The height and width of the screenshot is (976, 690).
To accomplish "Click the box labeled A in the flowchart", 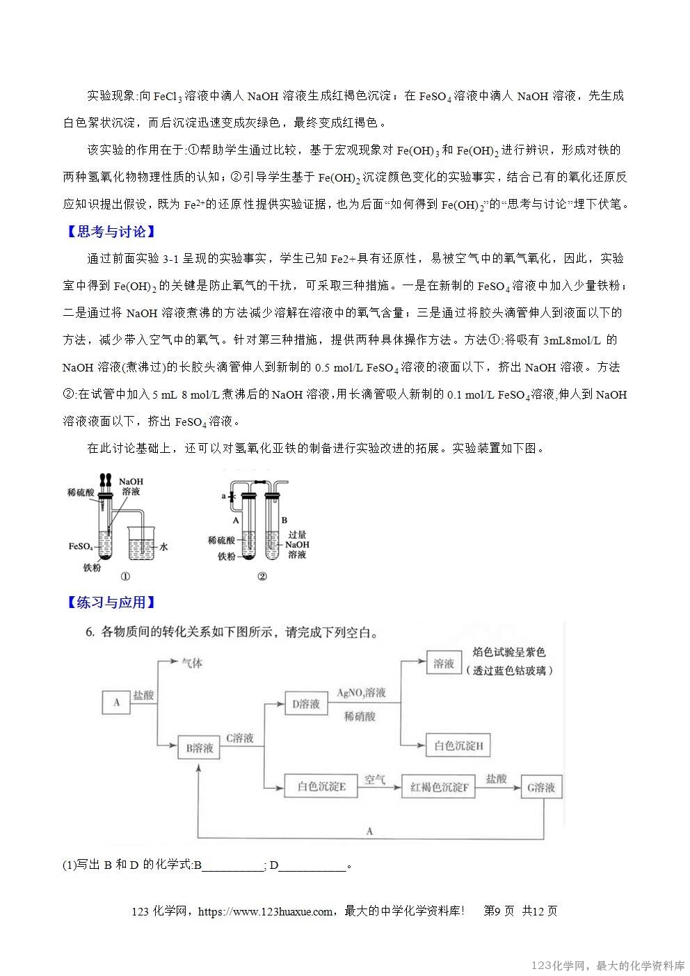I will (x=116, y=703).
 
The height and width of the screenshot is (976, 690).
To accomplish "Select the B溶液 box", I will (x=199, y=749).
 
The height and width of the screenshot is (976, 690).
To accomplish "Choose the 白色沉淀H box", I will (x=458, y=746).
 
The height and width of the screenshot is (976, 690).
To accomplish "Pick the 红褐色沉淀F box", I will (x=438, y=787).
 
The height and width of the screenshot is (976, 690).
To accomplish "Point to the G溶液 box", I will (x=541, y=787).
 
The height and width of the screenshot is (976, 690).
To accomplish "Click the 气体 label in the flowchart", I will (x=192, y=663).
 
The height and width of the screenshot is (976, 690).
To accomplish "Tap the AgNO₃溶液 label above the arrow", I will (x=361, y=693).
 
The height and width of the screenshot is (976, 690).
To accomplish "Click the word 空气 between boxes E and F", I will (x=375, y=780).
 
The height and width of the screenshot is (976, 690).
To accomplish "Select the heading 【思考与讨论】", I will (x=111, y=232).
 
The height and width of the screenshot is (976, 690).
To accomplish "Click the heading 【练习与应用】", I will (x=111, y=602).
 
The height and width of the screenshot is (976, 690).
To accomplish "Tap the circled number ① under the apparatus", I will (x=125, y=577).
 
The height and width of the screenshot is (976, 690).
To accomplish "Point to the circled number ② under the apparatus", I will (x=262, y=577).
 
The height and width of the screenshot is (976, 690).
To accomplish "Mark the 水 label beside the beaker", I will (x=164, y=547).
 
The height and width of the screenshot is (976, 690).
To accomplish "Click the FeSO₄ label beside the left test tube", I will (x=81, y=546).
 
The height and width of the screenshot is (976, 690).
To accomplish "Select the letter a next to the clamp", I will (x=223, y=497).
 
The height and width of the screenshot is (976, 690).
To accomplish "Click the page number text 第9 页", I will (x=498, y=911).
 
